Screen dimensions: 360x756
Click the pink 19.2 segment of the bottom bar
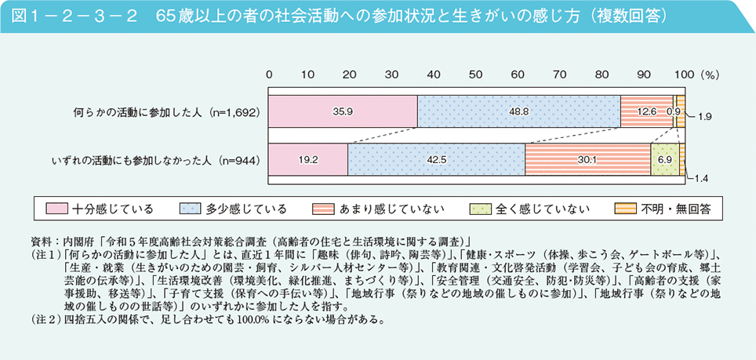click(x=308, y=160)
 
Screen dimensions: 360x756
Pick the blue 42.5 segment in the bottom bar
click(x=436, y=160)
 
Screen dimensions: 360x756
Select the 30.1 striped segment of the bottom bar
click(x=587, y=160)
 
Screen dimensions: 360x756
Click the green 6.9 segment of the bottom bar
click(x=665, y=160)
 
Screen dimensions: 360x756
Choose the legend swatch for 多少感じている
click(x=191, y=209)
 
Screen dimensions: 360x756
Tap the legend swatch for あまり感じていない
click(x=325, y=209)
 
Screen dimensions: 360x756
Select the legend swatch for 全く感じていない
click(x=479, y=209)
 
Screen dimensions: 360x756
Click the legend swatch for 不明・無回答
click(x=625, y=209)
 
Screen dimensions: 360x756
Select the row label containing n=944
click(x=154, y=160)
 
